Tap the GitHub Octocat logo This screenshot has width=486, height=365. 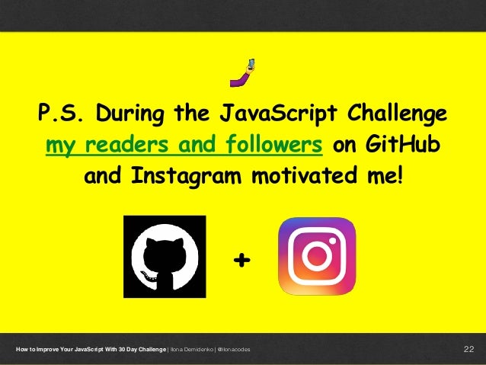tap(165, 256)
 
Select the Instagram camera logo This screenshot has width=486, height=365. tap(316, 256)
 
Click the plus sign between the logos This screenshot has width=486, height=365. tap(241, 261)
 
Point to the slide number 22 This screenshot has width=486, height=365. tap(468, 350)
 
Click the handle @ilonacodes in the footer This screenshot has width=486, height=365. tap(234, 350)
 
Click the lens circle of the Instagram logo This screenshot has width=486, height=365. tap(317, 256)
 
